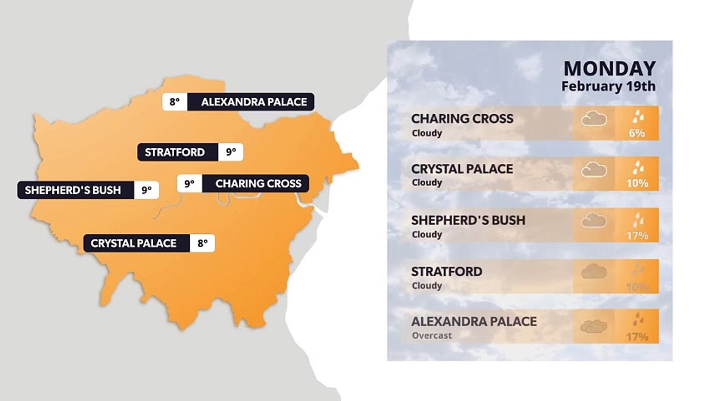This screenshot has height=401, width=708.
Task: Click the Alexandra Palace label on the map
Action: [253, 102]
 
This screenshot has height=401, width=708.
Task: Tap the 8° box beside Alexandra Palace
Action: [175, 102]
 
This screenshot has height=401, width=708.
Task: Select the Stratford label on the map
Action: [175, 152]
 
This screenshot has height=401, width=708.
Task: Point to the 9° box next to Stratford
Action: [230, 152]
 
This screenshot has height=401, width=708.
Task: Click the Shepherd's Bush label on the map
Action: [73, 190]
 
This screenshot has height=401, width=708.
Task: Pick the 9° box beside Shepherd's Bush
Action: [146, 190]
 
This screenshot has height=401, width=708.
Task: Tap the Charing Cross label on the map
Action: [258, 183]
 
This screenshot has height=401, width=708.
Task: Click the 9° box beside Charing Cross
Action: [189, 183]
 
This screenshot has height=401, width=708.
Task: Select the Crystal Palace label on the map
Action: [134, 243]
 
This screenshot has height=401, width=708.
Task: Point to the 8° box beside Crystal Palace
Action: [202, 243]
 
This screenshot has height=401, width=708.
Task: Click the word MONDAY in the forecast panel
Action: [609, 69]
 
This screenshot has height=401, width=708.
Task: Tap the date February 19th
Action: [608, 86]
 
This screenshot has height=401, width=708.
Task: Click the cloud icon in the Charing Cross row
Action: [594, 119]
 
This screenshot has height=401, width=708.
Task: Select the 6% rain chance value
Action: [637, 133]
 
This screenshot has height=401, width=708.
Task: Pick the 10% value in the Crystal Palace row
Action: [637, 183]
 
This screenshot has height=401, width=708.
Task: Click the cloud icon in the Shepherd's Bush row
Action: [594, 221]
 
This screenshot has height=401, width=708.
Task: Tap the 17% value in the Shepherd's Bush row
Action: [637, 236]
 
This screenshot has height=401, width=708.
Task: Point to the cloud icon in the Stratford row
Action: [594, 272]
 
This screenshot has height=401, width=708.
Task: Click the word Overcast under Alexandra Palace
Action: [432, 336]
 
